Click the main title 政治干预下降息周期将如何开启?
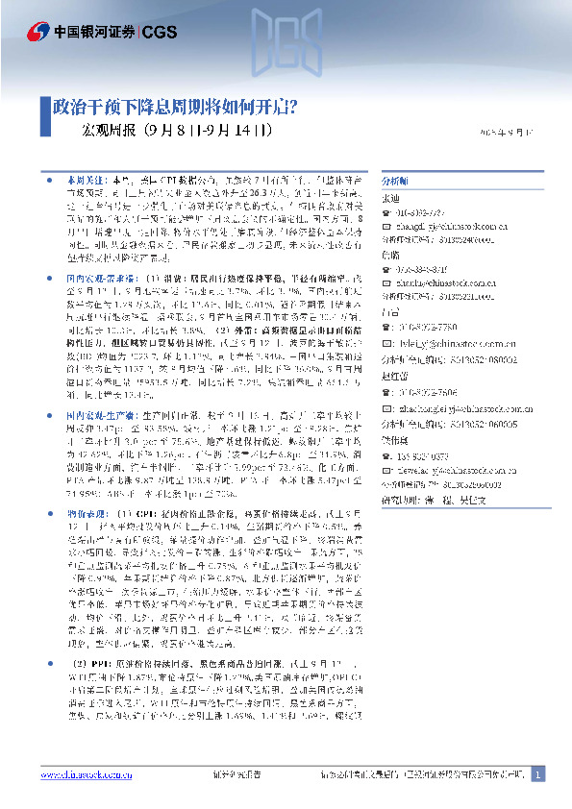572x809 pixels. tap(174, 105)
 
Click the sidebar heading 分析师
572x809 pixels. tap(394, 180)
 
